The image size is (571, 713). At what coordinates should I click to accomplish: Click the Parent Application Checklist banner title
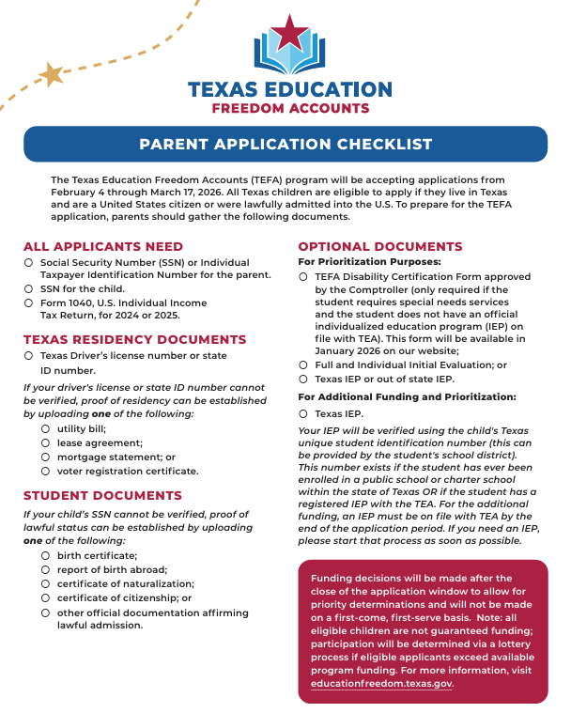coord(285,145)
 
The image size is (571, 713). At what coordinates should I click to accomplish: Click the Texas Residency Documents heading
coord(134,339)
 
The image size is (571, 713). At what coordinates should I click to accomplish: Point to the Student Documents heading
coord(102,495)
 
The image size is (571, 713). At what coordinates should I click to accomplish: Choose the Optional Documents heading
coord(379,246)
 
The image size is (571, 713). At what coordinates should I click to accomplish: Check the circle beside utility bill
coord(46,427)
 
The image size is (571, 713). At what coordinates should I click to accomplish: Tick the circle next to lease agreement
coord(46,442)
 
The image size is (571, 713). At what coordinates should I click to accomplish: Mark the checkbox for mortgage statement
coord(46,457)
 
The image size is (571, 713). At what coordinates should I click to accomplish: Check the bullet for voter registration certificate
coord(46,471)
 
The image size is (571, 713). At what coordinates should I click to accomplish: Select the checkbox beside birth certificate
coord(46,555)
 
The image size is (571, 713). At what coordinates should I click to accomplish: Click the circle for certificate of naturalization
coord(46,583)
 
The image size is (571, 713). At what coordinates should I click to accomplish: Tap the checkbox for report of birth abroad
coord(46,569)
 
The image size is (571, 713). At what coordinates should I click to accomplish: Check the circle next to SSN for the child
coord(29,289)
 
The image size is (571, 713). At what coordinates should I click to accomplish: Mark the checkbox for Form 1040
coord(29,303)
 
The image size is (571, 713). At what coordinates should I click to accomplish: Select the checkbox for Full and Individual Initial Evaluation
coord(303,364)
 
